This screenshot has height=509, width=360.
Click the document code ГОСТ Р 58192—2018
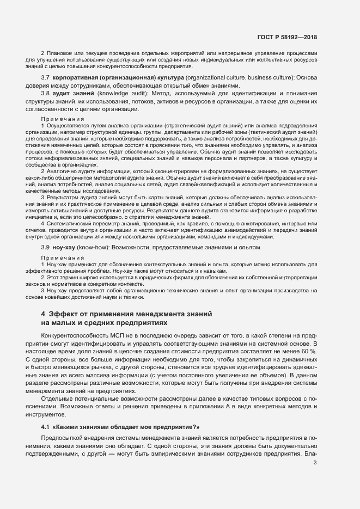pos(286,37)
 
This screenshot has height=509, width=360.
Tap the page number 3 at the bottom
pos(315,463)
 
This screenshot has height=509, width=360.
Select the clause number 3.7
pos(46,78)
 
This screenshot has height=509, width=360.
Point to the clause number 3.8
pos(46,94)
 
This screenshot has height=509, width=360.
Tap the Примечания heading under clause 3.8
pos(62,119)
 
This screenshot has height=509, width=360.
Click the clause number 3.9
pos(46,247)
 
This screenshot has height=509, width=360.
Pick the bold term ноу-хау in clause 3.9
pos(65,247)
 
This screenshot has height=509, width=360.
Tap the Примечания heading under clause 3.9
pos(62,257)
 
